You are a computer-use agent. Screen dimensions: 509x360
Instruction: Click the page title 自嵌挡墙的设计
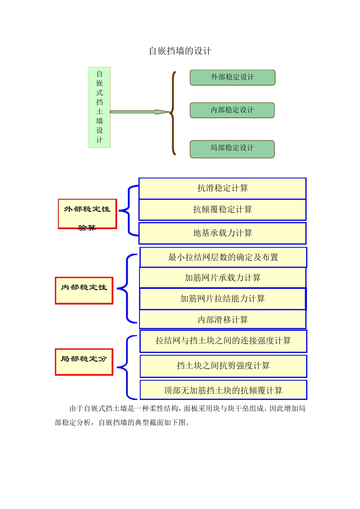point(180,51)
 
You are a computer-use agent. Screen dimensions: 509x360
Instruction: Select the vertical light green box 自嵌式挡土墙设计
point(99,107)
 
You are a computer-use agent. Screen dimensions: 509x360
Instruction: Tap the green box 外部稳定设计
point(232,77)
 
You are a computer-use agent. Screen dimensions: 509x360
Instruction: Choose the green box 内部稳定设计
point(232,110)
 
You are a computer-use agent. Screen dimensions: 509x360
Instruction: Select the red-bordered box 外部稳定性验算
point(87,214)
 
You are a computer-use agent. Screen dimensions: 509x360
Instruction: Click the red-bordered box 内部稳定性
point(84,290)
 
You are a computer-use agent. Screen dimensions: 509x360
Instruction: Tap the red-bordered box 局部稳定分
point(84,362)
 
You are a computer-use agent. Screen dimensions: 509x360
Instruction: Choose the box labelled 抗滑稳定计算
point(222,188)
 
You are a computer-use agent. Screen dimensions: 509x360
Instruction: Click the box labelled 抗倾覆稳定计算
point(222,210)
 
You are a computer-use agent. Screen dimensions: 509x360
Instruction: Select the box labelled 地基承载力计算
point(222,233)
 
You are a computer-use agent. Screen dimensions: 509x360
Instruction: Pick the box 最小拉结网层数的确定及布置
point(223,258)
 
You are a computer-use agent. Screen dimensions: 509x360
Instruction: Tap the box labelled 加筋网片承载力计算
point(222,278)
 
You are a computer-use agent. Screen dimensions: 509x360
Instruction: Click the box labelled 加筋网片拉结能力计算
point(222,299)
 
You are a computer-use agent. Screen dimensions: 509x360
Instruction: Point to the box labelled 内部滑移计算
point(222,320)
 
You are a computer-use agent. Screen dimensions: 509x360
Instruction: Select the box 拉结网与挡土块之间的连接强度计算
point(223,341)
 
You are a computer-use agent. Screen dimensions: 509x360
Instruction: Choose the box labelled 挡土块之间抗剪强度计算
point(223,366)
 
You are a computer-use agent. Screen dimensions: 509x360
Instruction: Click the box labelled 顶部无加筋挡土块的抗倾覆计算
point(223,390)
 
